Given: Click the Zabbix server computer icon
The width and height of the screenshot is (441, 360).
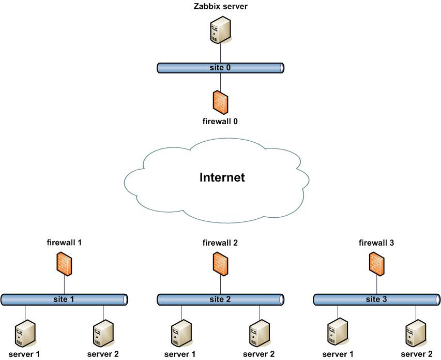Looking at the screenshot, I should (221, 31).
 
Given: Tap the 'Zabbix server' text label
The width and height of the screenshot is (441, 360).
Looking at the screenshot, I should (220, 6).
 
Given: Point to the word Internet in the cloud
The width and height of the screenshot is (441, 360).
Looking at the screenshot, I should (222, 178).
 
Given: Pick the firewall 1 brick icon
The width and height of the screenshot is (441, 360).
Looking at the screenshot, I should (64, 264).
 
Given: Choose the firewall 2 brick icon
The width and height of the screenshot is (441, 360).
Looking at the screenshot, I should (220, 264).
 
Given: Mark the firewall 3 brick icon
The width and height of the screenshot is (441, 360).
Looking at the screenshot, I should (377, 264).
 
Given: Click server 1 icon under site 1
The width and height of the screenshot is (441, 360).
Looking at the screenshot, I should (25, 334).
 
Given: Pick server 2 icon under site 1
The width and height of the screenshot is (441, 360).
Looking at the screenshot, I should (103, 334).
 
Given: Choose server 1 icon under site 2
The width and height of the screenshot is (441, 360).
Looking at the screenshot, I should (181, 334).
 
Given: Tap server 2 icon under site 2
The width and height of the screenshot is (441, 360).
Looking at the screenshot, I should (259, 334).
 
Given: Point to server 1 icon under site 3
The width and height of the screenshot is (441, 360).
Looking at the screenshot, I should (338, 334).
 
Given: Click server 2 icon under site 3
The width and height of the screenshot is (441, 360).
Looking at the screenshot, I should (416, 334).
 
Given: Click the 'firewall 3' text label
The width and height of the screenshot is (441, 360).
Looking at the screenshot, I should (377, 242).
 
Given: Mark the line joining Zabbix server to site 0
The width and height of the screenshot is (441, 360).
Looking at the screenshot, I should (221, 53).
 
